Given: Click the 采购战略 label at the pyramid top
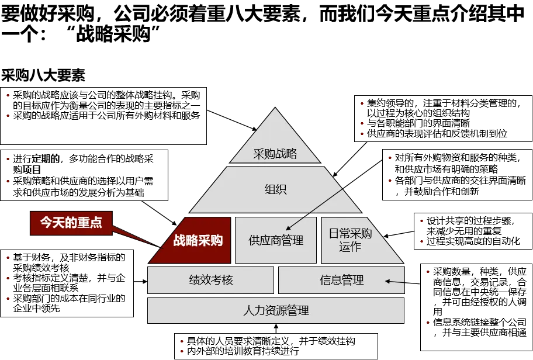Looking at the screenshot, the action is pos(275,154).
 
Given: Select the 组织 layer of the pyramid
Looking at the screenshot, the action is pos(275,189).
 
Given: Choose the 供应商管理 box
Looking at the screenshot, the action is pos(276,240).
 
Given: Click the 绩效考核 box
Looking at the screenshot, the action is pos(210,280).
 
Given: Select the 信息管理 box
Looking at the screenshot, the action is pos(341,280).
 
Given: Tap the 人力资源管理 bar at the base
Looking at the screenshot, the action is pos(276,310).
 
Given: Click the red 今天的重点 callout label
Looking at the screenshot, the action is pos(71,223).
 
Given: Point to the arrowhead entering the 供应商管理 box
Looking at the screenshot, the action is pos(288,229).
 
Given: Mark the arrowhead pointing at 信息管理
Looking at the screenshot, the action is pos(387,282).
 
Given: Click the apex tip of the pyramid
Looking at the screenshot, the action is pos(275,108).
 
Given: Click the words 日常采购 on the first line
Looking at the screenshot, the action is pos(350,234).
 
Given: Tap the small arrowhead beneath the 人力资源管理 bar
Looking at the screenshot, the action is pos(276,326).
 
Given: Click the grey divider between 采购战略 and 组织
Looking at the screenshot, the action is pos(275,165).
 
